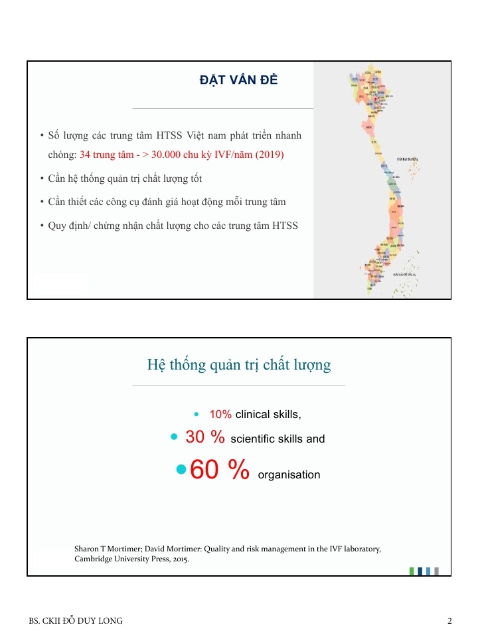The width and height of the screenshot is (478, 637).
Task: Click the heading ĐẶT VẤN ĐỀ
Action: (238, 80)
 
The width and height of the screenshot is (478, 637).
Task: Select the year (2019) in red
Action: (270, 155)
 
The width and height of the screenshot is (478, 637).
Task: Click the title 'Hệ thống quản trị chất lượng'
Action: (238, 365)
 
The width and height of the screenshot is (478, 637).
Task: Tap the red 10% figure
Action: (220, 415)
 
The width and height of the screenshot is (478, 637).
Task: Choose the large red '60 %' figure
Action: (219, 470)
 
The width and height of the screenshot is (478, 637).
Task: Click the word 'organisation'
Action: (289, 475)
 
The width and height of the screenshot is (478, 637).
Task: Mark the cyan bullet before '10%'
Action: (197, 415)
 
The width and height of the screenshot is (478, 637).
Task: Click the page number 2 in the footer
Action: (449, 621)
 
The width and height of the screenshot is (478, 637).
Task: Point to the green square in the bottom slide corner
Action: (412, 571)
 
